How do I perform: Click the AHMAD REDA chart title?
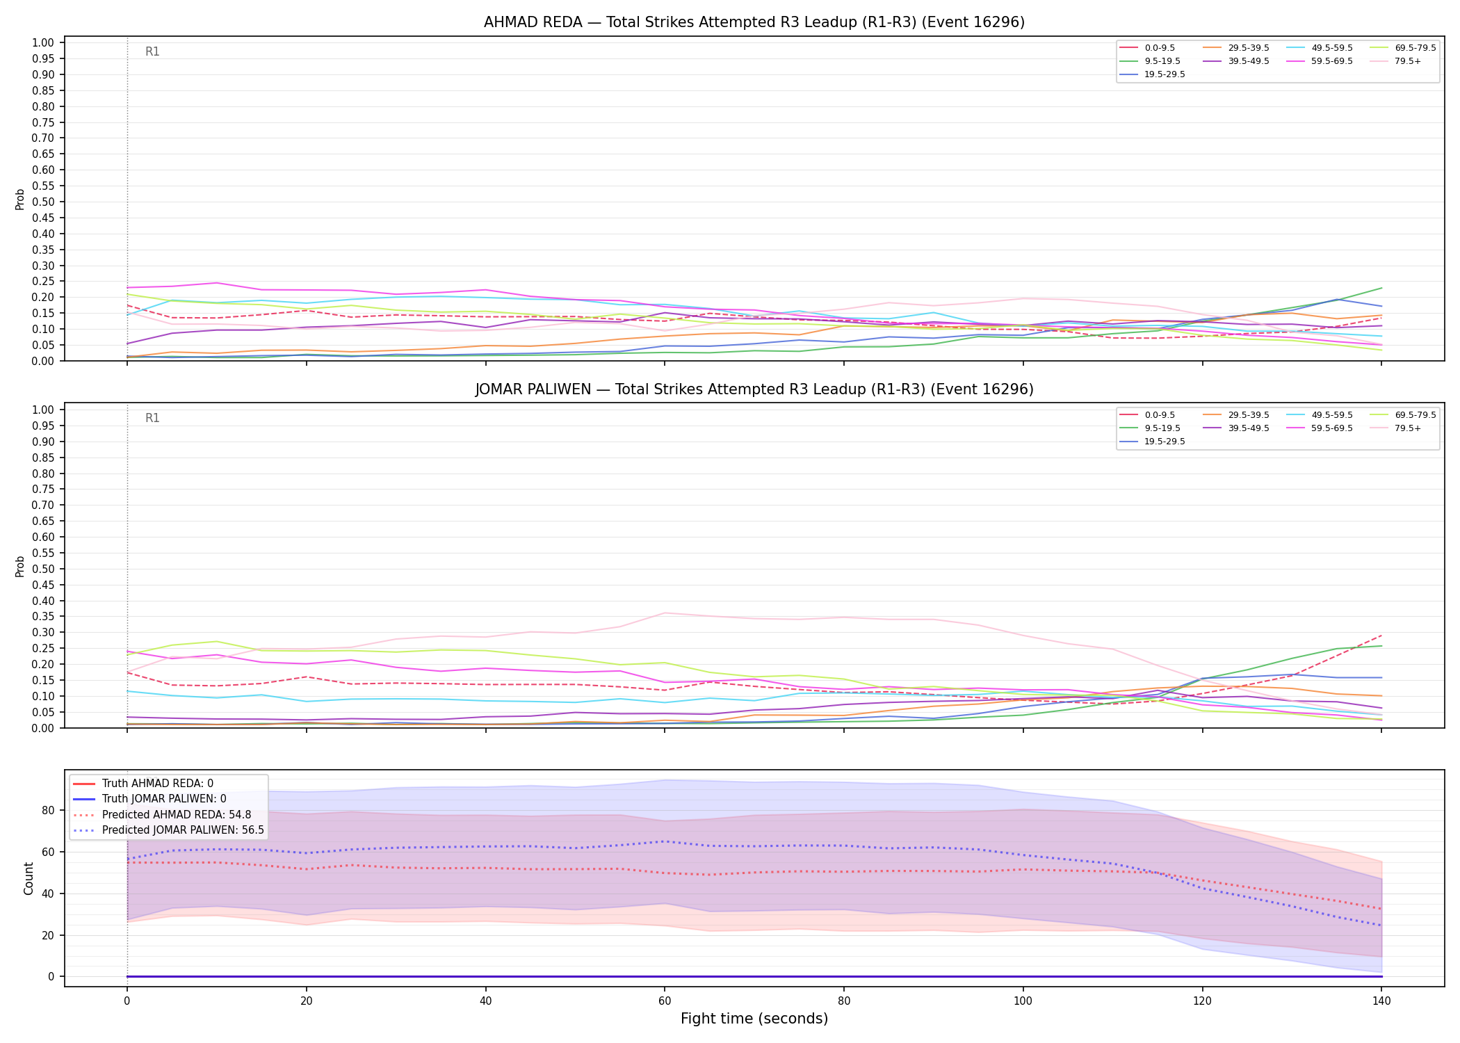click(x=754, y=22)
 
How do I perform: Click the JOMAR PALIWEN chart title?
click(x=754, y=389)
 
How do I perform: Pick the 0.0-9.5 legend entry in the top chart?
click(x=1147, y=48)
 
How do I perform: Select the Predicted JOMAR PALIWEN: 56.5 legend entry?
click(x=168, y=830)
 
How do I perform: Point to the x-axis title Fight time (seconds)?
click(x=754, y=1019)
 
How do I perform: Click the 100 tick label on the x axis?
click(x=1023, y=1001)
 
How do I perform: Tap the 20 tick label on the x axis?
click(x=306, y=1001)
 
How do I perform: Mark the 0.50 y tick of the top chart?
click(x=43, y=202)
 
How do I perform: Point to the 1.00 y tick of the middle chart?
click(x=43, y=410)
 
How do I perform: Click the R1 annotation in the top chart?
click(x=152, y=51)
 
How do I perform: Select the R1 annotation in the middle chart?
click(x=152, y=418)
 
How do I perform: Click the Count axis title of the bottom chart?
click(x=29, y=878)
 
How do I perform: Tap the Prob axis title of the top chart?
click(x=20, y=199)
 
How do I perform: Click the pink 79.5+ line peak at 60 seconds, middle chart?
click(x=665, y=613)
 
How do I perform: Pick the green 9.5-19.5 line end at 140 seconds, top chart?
click(x=1381, y=288)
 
